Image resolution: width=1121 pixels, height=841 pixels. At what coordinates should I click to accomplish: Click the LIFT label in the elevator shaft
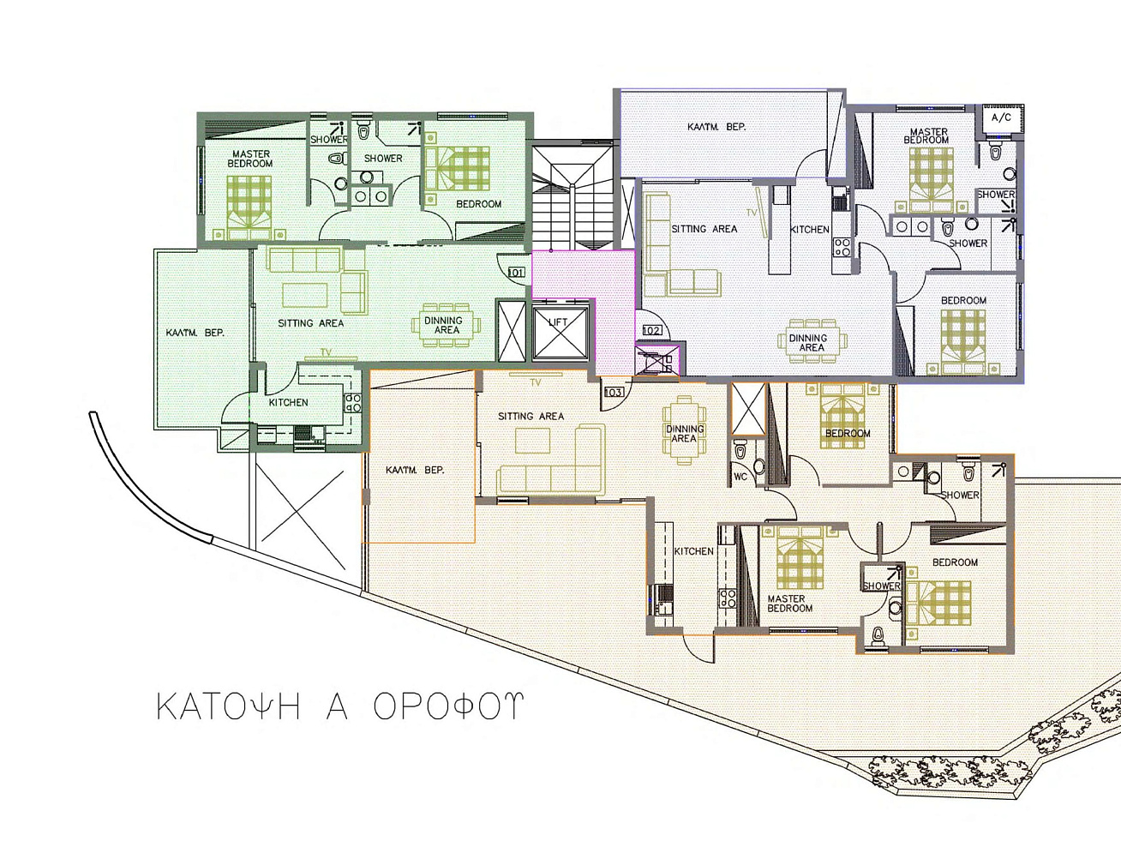point(558,322)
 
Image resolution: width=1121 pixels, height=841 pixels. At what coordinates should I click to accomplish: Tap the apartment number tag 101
point(516,272)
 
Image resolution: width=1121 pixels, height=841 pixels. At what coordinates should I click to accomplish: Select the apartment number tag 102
point(651,330)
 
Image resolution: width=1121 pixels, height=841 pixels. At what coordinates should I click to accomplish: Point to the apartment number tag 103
point(614,392)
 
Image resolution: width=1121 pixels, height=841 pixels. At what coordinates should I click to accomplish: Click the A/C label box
point(1001,118)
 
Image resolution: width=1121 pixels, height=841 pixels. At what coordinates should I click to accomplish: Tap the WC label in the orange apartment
point(740,477)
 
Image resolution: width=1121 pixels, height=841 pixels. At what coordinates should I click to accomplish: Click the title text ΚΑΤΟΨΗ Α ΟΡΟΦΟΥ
point(340,707)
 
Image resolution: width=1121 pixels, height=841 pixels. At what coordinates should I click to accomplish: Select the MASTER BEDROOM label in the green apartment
point(249,159)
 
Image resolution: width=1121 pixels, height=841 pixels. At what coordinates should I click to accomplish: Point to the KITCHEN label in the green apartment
point(289,402)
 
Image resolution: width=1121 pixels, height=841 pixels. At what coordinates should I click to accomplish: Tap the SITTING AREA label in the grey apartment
point(704,229)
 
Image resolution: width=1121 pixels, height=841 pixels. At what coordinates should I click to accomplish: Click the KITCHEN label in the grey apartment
point(810,230)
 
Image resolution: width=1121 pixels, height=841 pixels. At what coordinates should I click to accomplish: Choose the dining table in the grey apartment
point(811,341)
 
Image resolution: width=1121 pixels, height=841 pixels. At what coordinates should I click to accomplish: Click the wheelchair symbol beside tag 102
point(657,362)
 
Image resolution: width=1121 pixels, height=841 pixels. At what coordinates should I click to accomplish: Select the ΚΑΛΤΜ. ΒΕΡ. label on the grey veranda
point(716,127)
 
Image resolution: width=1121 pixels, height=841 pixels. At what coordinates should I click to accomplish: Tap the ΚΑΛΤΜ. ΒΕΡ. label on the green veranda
point(195,333)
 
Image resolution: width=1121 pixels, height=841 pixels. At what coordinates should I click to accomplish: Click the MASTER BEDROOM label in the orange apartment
point(789,604)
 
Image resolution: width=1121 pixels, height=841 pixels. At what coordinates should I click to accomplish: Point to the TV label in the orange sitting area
point(536,383)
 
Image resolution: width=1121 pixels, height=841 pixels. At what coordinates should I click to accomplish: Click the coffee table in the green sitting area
point(305,295)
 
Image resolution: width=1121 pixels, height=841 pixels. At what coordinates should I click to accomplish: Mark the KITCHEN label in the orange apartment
point(694,551)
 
